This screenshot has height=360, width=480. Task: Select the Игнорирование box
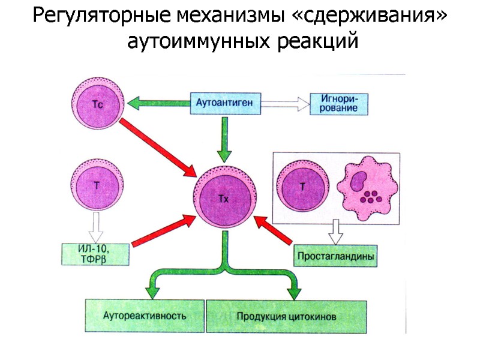point(334,103)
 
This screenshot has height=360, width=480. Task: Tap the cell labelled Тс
point(98,103)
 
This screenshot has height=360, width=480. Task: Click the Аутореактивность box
point(145,314)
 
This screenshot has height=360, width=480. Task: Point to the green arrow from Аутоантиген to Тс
point(159,103)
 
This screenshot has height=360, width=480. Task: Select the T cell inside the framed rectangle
point(303,187)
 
